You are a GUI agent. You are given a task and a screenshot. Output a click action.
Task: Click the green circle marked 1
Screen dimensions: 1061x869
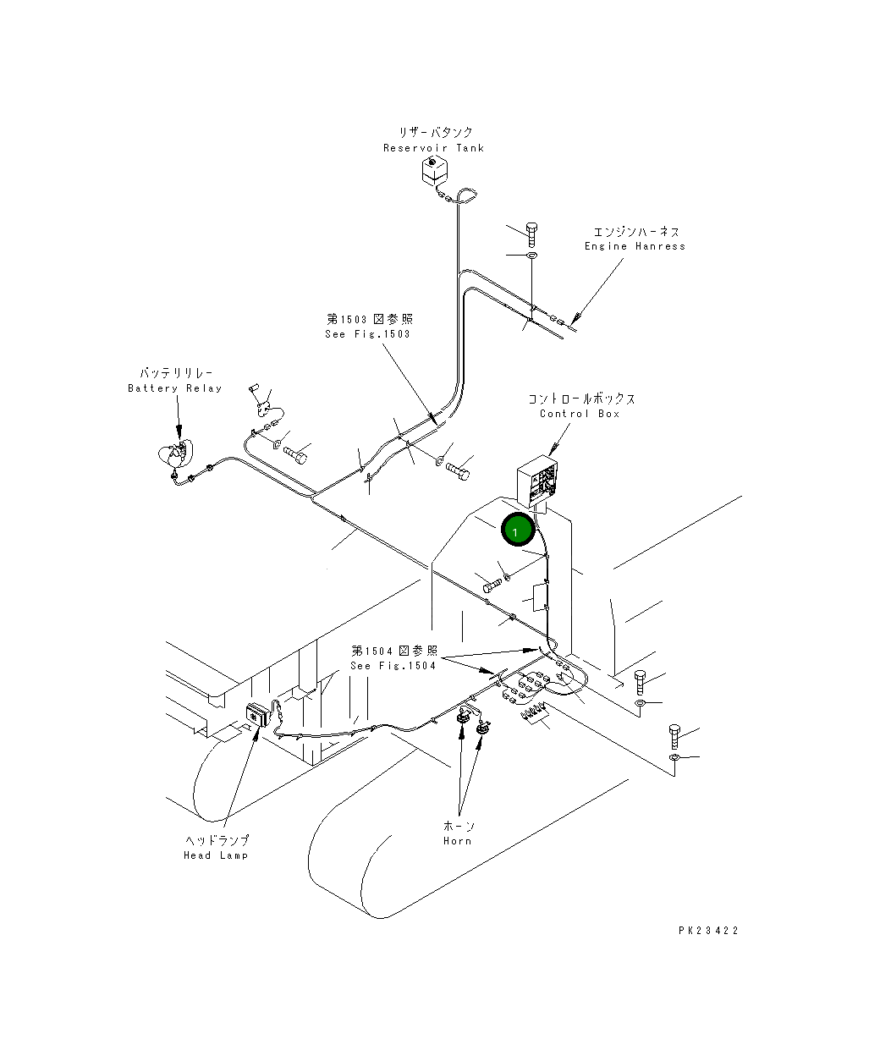(516, 530)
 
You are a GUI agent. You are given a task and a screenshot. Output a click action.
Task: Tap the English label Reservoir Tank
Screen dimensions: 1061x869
(433, 148)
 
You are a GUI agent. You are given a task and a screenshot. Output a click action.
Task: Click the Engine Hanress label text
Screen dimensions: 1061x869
(635, 246)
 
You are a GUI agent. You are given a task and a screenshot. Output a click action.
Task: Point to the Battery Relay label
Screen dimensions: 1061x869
(174, 388)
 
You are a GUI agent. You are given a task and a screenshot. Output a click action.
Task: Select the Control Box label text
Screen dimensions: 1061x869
(580, 414)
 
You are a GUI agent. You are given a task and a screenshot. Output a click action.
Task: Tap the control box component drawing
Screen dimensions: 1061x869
(541, 481)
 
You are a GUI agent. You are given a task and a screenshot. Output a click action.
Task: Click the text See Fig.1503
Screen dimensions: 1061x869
(367, 334)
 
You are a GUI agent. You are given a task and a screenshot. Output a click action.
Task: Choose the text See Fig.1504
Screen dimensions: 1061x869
(393, 665)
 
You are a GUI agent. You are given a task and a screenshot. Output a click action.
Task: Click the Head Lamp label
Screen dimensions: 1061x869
(216, 855)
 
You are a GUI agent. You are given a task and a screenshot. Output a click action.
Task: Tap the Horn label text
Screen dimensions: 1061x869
(458, 841)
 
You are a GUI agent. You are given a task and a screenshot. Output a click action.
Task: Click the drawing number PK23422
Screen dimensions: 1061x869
(708, 931)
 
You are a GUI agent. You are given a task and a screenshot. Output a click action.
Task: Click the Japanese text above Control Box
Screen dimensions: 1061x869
(581, 399)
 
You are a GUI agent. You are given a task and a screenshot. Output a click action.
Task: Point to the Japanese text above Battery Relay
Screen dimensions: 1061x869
(176, 373)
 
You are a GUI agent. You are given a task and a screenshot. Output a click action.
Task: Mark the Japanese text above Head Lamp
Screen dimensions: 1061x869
(217, 840)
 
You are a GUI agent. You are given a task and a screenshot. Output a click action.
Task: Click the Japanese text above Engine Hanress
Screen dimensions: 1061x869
(635, 231)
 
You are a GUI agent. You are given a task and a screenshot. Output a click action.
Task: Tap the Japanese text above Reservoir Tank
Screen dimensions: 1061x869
(436, 133)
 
